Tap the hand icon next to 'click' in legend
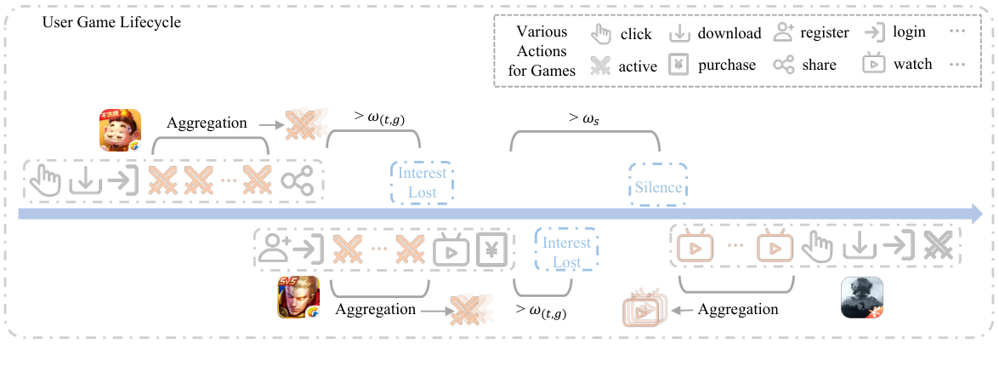click(601, 34)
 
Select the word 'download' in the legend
click(729, 34)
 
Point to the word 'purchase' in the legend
click(727, 65)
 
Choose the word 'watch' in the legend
click(912, 65)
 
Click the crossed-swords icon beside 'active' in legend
click(601, 66)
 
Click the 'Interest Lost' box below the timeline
click(566, 251)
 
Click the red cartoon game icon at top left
click(120, 131)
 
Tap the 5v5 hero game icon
click(298, 298)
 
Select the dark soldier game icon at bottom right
click(862, 298)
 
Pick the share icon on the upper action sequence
click(298, 180)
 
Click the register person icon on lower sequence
click(275, 249)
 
